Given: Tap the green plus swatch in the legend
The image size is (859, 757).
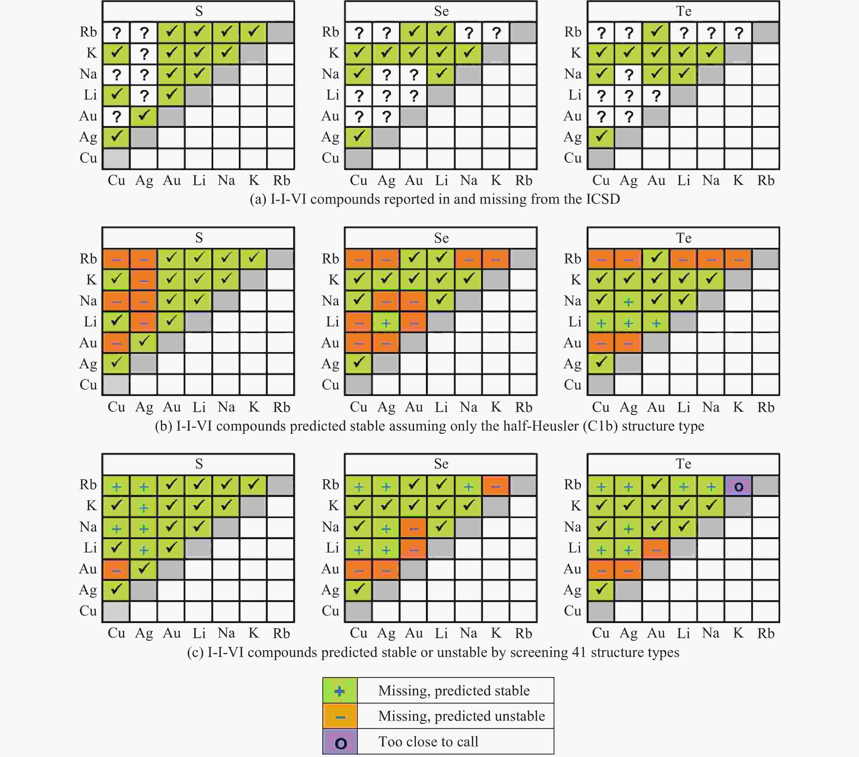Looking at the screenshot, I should (340, 690).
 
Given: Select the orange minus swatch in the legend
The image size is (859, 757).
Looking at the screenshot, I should (340, 716).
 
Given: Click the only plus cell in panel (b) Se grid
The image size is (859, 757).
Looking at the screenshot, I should (386, 322).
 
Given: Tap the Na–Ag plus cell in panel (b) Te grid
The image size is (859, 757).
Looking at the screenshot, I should (628, 301).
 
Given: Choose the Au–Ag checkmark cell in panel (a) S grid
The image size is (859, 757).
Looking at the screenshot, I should (144, 116).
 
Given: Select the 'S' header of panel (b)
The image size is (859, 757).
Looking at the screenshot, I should (199, 238).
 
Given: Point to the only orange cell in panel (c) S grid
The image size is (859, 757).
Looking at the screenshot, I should (116, 570).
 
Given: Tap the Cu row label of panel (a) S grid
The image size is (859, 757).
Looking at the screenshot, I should (88, 158).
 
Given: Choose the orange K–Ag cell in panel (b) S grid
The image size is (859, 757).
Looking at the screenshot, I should (144, 280).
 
